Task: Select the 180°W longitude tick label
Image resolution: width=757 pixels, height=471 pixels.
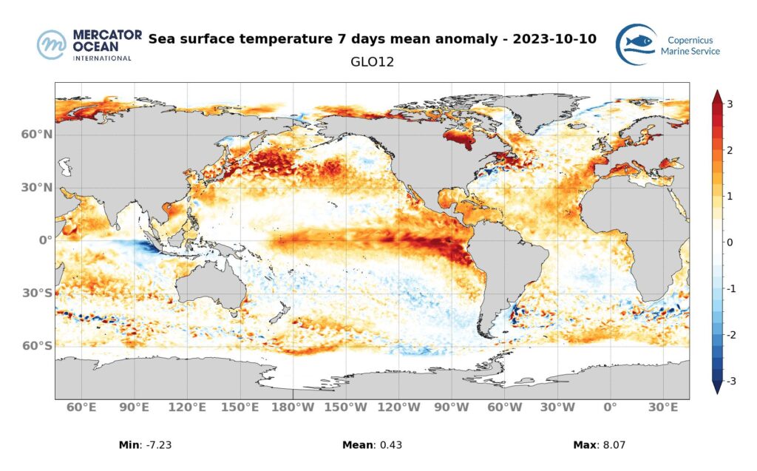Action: (293, 407)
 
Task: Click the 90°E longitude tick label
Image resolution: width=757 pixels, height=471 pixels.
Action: (134, 407)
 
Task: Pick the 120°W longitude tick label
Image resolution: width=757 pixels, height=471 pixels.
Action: (398, 407)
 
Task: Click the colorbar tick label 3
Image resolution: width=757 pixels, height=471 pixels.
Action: (730, 104)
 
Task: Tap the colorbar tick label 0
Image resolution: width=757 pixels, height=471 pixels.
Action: (730, 243)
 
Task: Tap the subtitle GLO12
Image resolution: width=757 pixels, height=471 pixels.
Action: (372, 62)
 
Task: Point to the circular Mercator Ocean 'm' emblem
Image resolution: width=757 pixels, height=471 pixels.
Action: (52, 45)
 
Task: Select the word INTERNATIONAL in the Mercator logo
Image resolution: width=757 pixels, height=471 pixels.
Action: (102, 58)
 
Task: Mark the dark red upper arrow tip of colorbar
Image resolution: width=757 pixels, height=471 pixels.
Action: (716, 95)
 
